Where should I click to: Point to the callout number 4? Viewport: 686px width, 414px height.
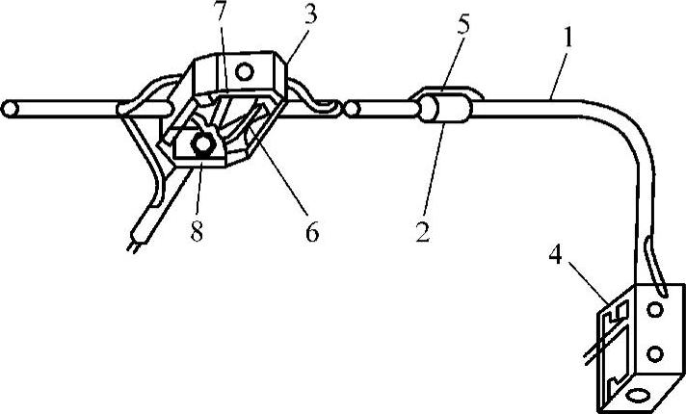[559, 257]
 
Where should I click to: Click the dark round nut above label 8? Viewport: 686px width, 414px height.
[203, 144]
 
